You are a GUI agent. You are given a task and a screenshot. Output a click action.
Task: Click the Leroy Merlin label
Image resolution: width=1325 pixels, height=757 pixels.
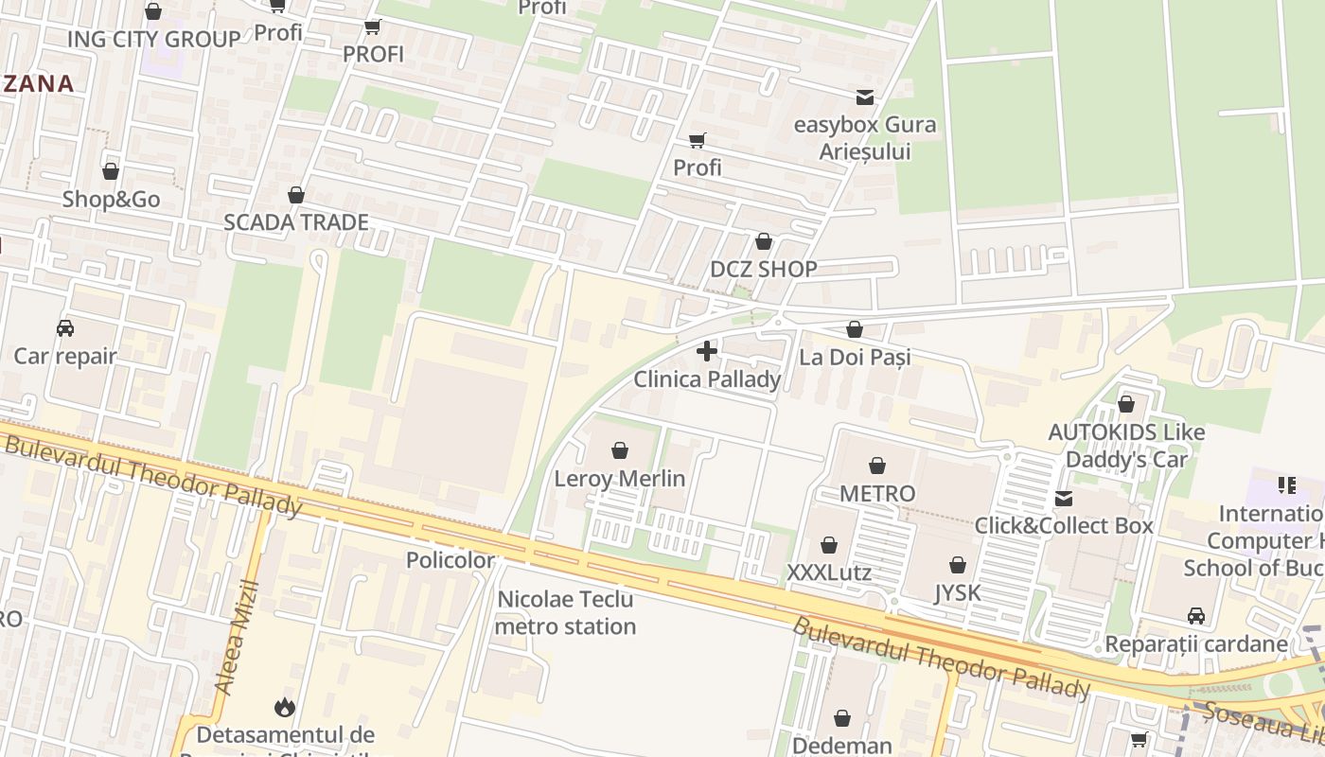coord(619,479)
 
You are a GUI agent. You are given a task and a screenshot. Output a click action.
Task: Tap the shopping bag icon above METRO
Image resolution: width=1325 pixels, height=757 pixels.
coord(877,466)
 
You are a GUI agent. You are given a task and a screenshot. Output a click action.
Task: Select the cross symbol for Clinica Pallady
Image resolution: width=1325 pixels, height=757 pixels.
coord(706,351)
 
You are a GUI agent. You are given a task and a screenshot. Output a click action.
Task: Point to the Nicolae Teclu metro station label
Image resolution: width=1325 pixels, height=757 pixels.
coord(565,613)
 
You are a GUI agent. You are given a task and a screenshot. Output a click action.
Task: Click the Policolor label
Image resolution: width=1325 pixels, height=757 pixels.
coord(450,560)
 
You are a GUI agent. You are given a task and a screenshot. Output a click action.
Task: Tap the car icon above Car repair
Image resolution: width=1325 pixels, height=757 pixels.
coord(65,328)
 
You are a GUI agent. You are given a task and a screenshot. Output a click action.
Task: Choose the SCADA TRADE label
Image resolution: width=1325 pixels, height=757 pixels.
coord(295,222)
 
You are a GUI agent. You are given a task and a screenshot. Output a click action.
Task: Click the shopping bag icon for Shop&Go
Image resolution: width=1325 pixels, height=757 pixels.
coord(111,171)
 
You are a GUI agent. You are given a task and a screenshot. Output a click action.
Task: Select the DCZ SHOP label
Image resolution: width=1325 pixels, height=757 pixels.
coord(763,269)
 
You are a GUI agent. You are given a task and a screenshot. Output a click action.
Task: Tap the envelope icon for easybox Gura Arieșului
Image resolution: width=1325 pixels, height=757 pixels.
coord(864,97)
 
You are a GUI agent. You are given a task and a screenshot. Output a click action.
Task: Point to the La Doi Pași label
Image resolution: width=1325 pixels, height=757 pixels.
coord(855,357)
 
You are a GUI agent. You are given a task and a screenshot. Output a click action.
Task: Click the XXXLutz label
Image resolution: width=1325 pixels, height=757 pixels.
coord(829,573)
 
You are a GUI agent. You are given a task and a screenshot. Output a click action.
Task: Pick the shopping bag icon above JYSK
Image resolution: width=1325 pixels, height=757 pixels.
coord(958,565)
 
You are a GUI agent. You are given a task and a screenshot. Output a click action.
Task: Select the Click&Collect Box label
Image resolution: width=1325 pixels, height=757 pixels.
coord(1064,525)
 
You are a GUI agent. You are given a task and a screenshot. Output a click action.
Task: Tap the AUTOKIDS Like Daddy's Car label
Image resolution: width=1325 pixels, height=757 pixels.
coord(1126,446)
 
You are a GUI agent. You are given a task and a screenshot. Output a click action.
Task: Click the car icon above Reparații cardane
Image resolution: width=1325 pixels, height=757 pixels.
coord(1196,616)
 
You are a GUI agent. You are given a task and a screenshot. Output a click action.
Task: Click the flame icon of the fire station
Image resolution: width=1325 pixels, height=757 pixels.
coord(285,707)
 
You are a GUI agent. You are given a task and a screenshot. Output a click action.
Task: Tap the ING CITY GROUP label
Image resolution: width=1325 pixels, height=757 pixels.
coord(153,39)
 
